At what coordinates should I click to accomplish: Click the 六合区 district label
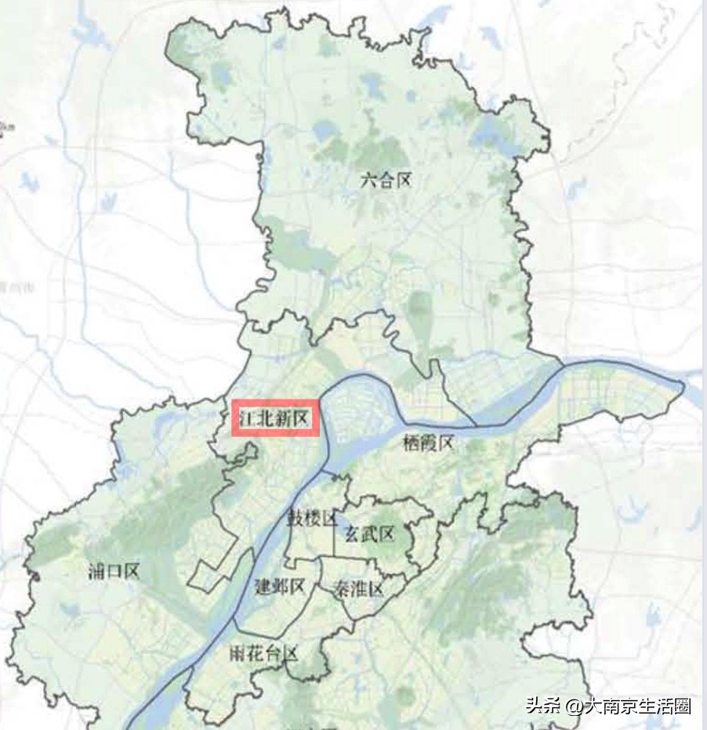click(386, 181)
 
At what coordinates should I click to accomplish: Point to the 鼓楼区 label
click(310, 519)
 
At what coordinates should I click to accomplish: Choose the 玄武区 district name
click(369, 535)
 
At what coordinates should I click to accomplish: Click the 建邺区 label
click(280, 586)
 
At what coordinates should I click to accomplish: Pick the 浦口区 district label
click(114, 571)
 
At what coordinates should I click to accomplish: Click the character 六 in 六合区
click(368, 181)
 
